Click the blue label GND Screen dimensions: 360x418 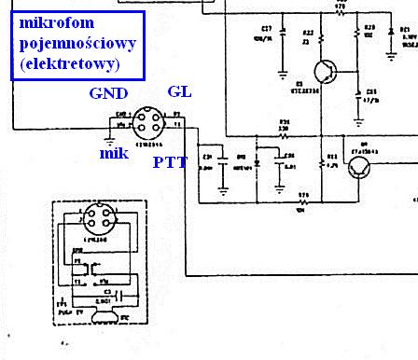110,95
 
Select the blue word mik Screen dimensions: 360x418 113,153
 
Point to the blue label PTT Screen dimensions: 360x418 170,162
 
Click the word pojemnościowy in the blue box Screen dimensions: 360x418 74,42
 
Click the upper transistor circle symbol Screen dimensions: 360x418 325,72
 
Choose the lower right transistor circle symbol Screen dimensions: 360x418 360,167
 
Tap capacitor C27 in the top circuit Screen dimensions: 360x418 282,39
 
